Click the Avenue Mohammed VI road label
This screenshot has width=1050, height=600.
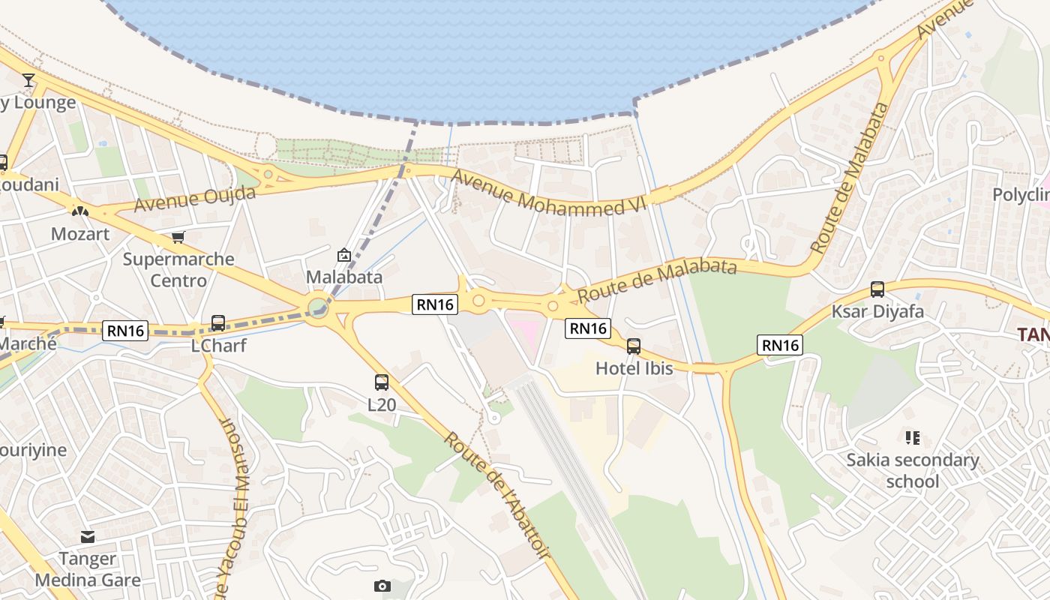point(538,193)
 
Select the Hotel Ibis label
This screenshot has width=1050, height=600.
point(634,368)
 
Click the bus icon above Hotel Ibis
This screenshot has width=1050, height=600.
point(634,346)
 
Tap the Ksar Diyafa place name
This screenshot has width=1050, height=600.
point(877,311)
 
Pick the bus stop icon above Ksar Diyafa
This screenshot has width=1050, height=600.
point(877,289)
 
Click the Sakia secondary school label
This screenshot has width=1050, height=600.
point(913,470)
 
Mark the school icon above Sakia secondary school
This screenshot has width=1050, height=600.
point(913,437)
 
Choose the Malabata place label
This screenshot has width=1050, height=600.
point(344,277)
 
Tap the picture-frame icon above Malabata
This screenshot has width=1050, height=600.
point(344,255)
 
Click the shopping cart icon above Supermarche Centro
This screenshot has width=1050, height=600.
point(178,238)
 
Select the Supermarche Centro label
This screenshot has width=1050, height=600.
point(178,270)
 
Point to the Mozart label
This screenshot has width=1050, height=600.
point(80,234)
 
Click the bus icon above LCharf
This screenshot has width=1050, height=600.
point(218,323)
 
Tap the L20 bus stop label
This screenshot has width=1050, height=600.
point(382,405)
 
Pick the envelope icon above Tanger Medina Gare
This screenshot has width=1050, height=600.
point(88,537)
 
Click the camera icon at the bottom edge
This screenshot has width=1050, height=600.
point(382,586)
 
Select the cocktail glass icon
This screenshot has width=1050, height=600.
point(28,80)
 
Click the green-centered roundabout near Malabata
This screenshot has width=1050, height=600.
point(318,307)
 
